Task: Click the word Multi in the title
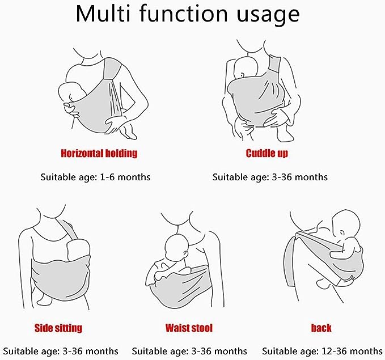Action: (103, 14)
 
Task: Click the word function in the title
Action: (184, 14)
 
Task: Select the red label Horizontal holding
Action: (99, 154)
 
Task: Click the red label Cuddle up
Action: (266, 153)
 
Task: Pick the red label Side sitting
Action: (58, 328)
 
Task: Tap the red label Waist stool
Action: (189, 328)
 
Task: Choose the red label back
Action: (321, 328)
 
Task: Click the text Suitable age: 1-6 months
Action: (95, 177)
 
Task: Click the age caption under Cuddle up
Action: (270, 177)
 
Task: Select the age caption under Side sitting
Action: (61, 351)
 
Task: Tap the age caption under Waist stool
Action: (189, 351)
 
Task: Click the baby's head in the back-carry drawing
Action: (346, 223)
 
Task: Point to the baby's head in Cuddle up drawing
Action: (246, 67)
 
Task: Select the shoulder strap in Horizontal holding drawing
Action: (112, 68)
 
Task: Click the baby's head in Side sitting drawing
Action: (78, 248)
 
